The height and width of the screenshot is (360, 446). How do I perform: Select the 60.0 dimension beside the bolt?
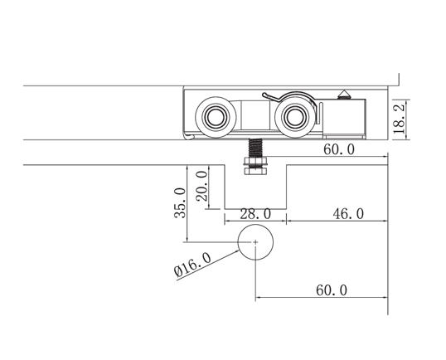point(340,149)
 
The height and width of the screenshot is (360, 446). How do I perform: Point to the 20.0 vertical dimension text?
point(201,186)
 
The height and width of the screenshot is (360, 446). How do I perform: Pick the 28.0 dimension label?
point(255,213)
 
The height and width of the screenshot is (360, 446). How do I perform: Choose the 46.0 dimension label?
point(347,213)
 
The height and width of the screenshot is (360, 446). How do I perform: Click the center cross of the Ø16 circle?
point(255,241)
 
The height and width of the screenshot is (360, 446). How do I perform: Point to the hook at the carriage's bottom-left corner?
point(190,135)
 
